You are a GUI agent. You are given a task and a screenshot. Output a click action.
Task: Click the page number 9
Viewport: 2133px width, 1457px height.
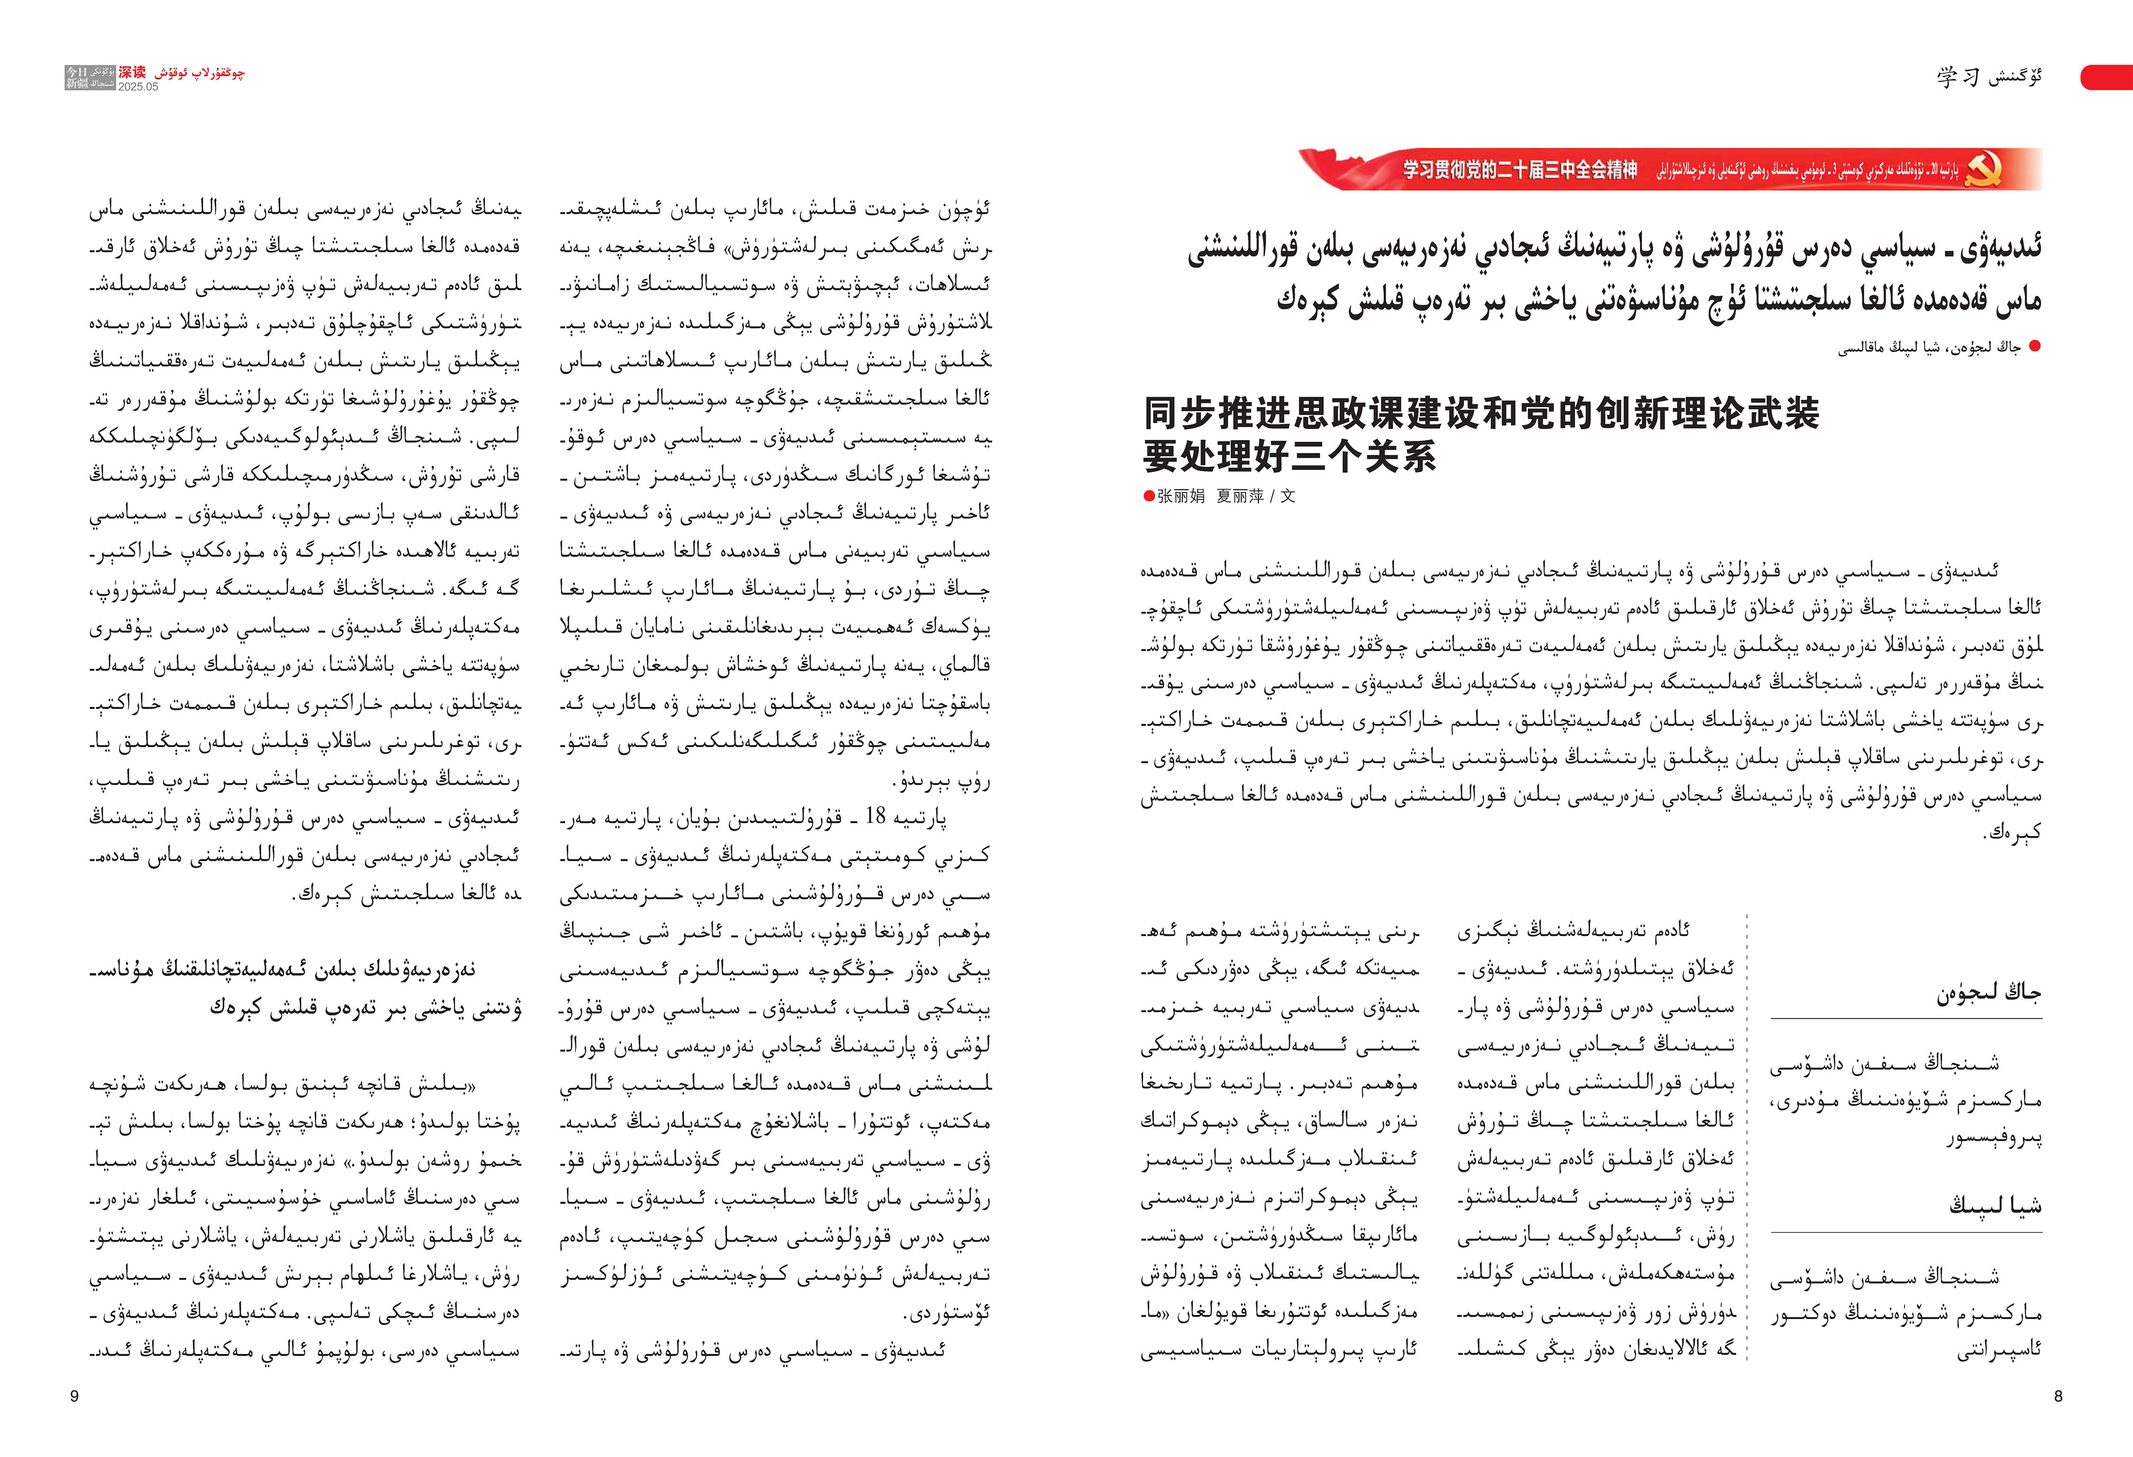tap(74, 1396)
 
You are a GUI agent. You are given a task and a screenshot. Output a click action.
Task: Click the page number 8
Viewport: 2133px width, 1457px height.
tap(2058, 1396)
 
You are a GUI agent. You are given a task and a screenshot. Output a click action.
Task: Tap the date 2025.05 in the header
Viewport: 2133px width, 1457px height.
tap(137, 87)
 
